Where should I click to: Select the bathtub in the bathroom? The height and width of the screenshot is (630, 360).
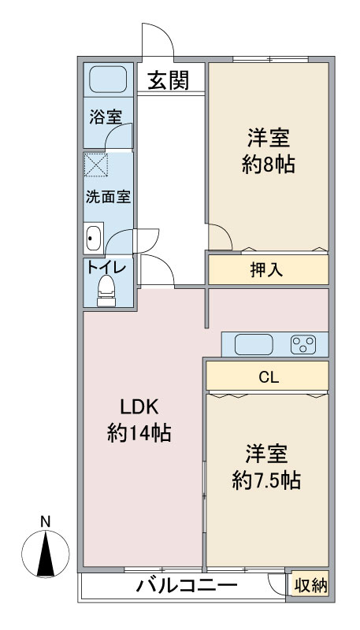[x=109, y=80]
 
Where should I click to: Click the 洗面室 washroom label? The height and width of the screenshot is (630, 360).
[x=108, y=197]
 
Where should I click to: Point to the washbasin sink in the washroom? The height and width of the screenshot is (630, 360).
[x=93, y=237]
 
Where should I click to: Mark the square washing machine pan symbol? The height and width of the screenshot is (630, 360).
[x=97, y=166]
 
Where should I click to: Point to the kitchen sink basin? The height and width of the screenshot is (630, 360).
[x=254, y=344]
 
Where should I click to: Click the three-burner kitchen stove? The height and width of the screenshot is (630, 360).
[x=303, y=344]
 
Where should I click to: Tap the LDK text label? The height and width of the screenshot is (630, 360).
[x=139, y=407]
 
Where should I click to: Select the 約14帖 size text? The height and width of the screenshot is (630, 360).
[x=139, y=432]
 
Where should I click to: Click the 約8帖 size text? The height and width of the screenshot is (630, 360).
[x=268, y=165]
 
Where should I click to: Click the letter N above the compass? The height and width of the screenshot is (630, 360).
[x=46, y=521]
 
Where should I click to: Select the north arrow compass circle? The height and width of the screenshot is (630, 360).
[x=46, y=555]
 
